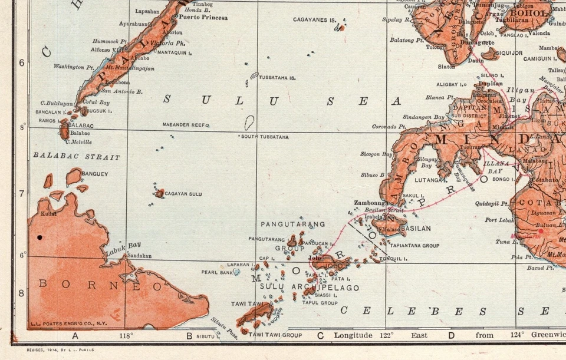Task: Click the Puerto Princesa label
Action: point(203,18)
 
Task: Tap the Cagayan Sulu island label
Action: point(183,194)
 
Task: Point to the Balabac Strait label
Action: point(76,157)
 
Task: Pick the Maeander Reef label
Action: point(186,125)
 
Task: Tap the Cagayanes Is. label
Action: point(314,19)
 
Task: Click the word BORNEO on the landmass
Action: point(100,286)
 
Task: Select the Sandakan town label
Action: point(140,256)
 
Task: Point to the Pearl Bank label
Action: point(217,272)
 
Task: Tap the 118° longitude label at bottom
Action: point(126,336)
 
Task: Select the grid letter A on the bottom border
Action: point(75,336)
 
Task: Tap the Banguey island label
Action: point(94,174)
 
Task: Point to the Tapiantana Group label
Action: point(414,245)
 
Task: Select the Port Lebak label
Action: point(498,220)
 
